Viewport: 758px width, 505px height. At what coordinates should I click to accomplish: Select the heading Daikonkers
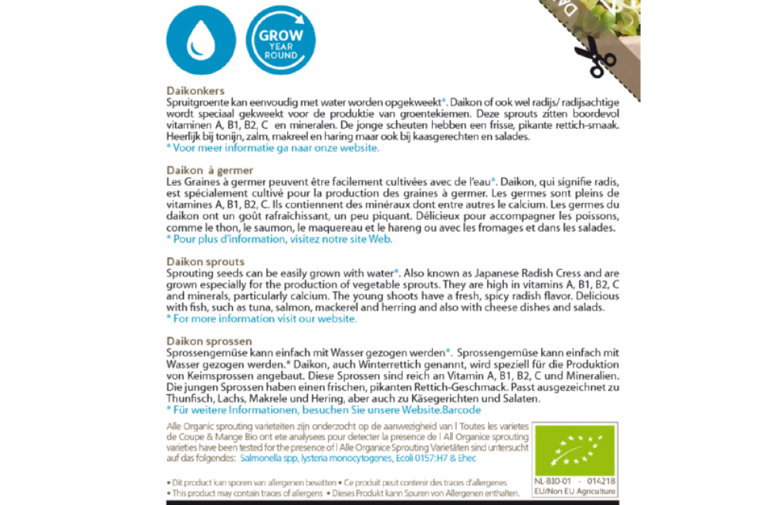click(195, 91)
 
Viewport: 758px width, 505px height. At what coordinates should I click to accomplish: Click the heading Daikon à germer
click(210, 170)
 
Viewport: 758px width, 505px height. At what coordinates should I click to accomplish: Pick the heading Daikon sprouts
click(205, 261)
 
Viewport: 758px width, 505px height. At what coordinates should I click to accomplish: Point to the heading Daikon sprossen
click(209, 341)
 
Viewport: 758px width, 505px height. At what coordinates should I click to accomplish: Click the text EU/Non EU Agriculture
click(576, 491)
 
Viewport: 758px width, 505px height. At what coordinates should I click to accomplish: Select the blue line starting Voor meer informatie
click(272, 148)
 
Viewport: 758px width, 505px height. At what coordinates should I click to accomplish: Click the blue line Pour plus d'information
click(279, 239)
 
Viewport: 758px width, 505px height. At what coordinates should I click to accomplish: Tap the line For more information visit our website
click(262, 318)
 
